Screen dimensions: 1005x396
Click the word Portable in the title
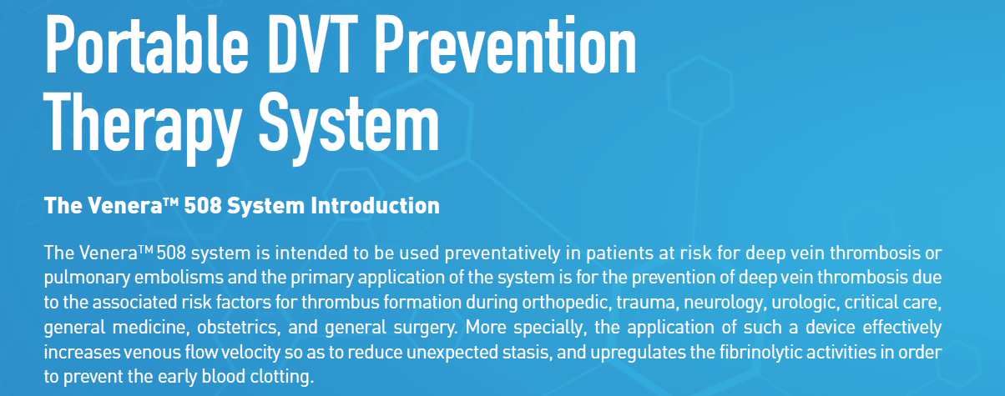click(x=146, y=44)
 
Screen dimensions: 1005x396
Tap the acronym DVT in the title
click(x=313, y=44)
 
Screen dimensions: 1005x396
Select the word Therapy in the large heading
click(x=143, y=128)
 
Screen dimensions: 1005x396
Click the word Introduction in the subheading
click(x=375, y=206)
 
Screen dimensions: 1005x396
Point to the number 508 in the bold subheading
click(x=203, y=206)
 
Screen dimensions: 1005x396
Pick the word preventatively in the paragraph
click(x=503, y=253)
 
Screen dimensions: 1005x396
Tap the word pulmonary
click(x=87, y=278)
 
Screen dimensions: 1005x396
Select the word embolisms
click(x=179, y=278)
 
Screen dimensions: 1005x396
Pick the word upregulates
click(x=638, y=353)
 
